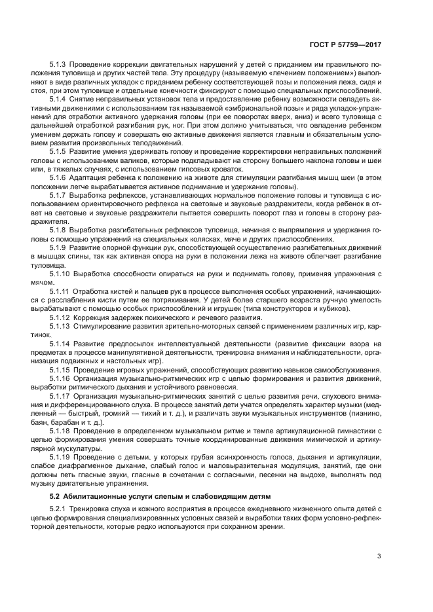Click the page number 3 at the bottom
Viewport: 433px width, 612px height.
tap(379, 558)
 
